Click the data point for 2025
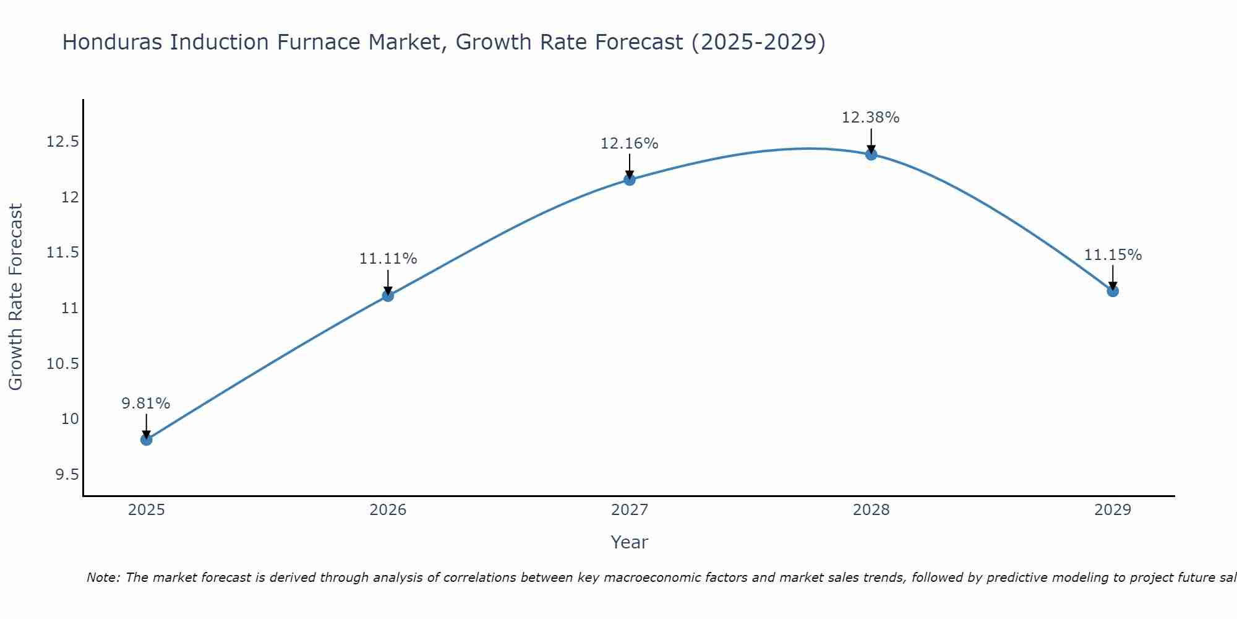(x=147, y=439)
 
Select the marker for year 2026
(x=388, y=296)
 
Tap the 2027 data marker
(x=630, y=180)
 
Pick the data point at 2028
(x=871, y=154)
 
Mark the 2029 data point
(x=1113, y=291)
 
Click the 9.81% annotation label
(x=145, y=404)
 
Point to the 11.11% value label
(x=388, y=259)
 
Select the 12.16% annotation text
(x=629, y=144)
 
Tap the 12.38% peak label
(x=870, y=118)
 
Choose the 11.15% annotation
(x=1113, y=255)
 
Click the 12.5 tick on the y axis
(x=62, y=142)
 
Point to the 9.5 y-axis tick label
(x=67, y=475)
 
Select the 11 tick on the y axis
(x=70, y=308)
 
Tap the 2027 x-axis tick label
(x=630, y=510)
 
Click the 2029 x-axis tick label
(x=1113, y=510)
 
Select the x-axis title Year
(x=629, y=542)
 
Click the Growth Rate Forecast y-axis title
(x=16, y=297)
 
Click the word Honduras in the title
(x=112, y=42)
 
